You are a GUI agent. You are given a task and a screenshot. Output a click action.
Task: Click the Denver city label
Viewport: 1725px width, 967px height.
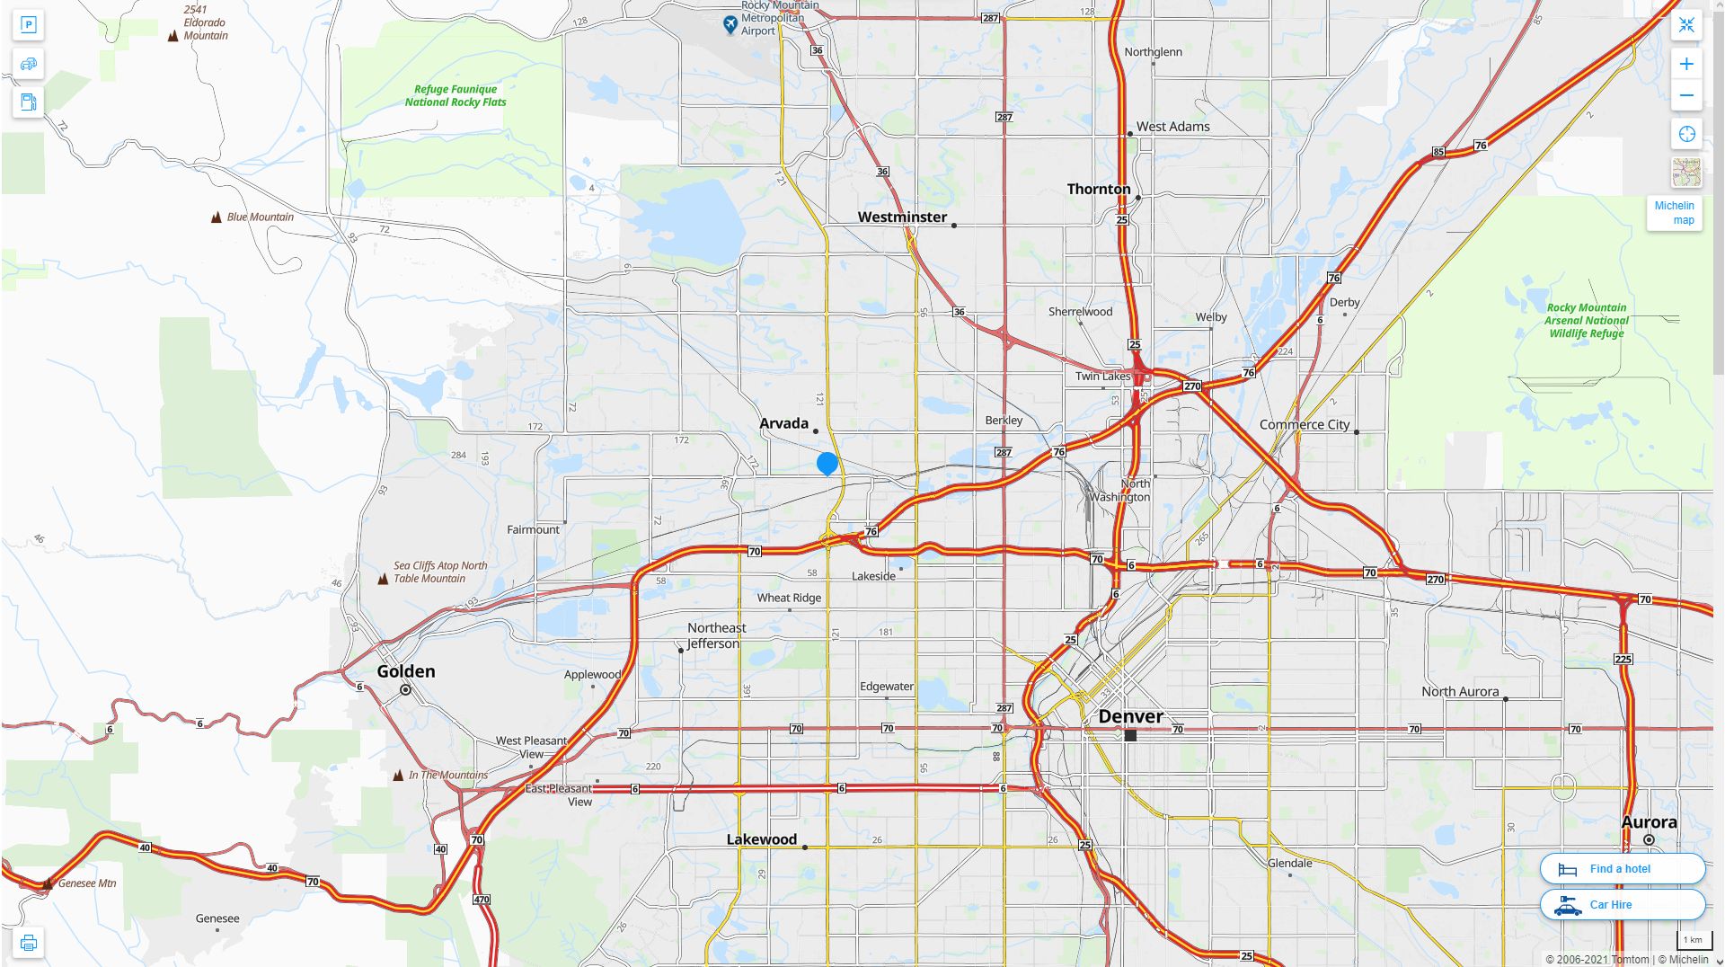tap(1130, 716)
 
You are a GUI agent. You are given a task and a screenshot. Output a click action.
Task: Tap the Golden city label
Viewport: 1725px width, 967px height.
tap(406, 671)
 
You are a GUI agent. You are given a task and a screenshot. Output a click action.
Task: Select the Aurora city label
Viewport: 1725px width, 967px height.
tap(1649, 822)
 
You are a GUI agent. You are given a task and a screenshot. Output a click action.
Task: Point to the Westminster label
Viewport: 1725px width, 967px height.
tap(902, 217)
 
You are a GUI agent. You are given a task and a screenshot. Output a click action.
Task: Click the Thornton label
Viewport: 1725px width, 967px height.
tap(1099, 189)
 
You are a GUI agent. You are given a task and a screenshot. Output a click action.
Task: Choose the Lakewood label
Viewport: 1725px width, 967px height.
tap(762, 839)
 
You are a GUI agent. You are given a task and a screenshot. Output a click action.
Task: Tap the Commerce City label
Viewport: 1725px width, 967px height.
tap(1305, 424)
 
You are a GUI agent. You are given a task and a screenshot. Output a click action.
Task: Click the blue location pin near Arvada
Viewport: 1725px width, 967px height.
tap(827, 463)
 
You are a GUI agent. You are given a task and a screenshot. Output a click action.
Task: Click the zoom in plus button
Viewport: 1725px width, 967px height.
tap(1686, 64)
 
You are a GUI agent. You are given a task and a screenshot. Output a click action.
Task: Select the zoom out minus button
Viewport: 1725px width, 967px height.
tap(1686, 95)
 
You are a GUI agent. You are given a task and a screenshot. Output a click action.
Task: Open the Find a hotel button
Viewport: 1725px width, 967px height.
tap(1622, 869)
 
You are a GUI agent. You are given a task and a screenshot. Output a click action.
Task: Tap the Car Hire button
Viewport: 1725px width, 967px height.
tap(1622, 905)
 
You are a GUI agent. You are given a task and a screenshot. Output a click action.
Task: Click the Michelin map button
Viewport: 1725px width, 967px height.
tap(1675, 213)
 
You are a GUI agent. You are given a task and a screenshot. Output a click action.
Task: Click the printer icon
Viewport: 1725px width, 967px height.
tap(29, 943)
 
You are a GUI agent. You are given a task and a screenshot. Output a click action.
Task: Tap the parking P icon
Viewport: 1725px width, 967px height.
tap(29, 25)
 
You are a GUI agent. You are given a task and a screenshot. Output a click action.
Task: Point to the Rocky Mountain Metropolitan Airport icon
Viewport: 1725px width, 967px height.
tap(730, 25)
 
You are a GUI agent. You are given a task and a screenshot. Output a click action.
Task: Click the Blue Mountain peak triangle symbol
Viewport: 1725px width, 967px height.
tap(217, 217)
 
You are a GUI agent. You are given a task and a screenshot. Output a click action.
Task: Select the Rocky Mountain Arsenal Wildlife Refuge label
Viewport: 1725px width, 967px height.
tap(1587, 321)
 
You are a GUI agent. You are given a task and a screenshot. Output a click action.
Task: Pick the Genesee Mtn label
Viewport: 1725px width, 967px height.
tap(87, 883)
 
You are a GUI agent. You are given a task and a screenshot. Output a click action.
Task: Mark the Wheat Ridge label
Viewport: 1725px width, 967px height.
tap(789, 598)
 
